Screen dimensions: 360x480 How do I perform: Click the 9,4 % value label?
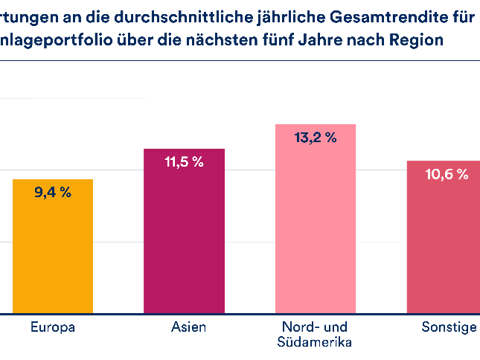[x=53, y=193]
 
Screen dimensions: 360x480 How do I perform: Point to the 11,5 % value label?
[x=184, y=162]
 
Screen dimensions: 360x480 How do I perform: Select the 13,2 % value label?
[x=316, y=137]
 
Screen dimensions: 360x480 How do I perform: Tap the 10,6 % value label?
[x=447, y=175]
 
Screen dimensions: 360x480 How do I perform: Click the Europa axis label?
[x=53, y=327]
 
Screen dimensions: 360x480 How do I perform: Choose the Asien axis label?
[x=184, y=327]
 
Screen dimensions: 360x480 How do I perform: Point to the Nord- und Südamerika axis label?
[x=316, y=334]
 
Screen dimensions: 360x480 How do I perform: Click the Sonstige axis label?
[x=449, y=327]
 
